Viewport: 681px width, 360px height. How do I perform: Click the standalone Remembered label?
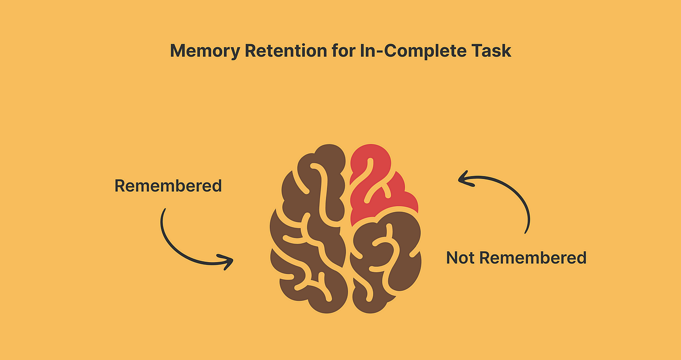168,186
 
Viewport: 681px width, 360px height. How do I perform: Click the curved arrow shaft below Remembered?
173,246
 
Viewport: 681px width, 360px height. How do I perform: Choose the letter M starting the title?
177,51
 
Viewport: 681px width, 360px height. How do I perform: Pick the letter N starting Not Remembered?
452,258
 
